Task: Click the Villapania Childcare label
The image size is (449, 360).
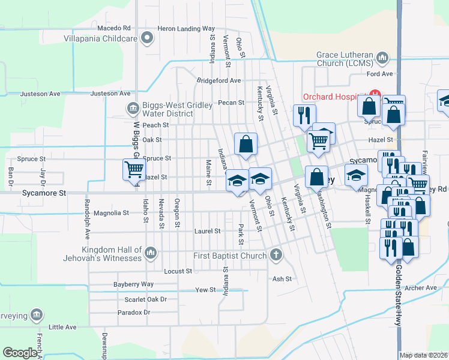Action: click(101, 38)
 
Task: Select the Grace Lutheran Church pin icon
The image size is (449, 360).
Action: click(381, 58)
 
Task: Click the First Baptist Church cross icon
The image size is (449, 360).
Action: click(276, 256)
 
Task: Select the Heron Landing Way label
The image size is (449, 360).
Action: click(186, 28)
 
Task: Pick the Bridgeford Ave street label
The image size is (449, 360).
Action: click(219, 80)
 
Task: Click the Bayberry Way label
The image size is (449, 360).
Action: click(133, 284)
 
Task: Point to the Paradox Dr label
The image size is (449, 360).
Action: click(133, 312)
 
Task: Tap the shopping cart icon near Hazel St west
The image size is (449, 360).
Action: click(133, 169)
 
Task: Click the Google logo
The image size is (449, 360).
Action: click(20, 353)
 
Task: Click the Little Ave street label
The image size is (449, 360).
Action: click(63, 327)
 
